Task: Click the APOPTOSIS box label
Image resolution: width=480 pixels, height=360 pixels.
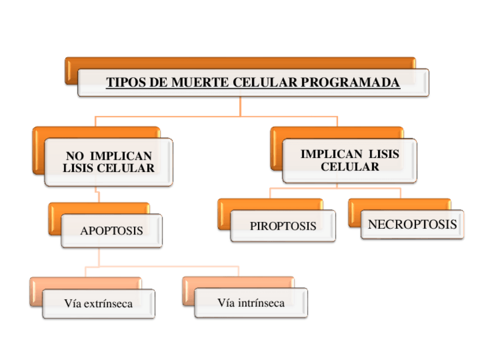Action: pos(112,231)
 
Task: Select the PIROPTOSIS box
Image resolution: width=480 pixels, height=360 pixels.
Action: pos(282,226)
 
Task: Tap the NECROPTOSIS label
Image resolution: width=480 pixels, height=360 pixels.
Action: pos(412,225)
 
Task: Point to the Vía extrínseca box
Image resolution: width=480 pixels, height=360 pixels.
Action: pos(98,304)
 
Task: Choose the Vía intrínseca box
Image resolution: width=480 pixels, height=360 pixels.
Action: pos(251,303)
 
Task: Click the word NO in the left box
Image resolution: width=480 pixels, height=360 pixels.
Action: pos(76,156)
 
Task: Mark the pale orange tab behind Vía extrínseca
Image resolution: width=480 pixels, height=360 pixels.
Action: pos(85,282)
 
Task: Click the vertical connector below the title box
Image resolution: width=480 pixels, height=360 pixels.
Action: pos(240,106)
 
